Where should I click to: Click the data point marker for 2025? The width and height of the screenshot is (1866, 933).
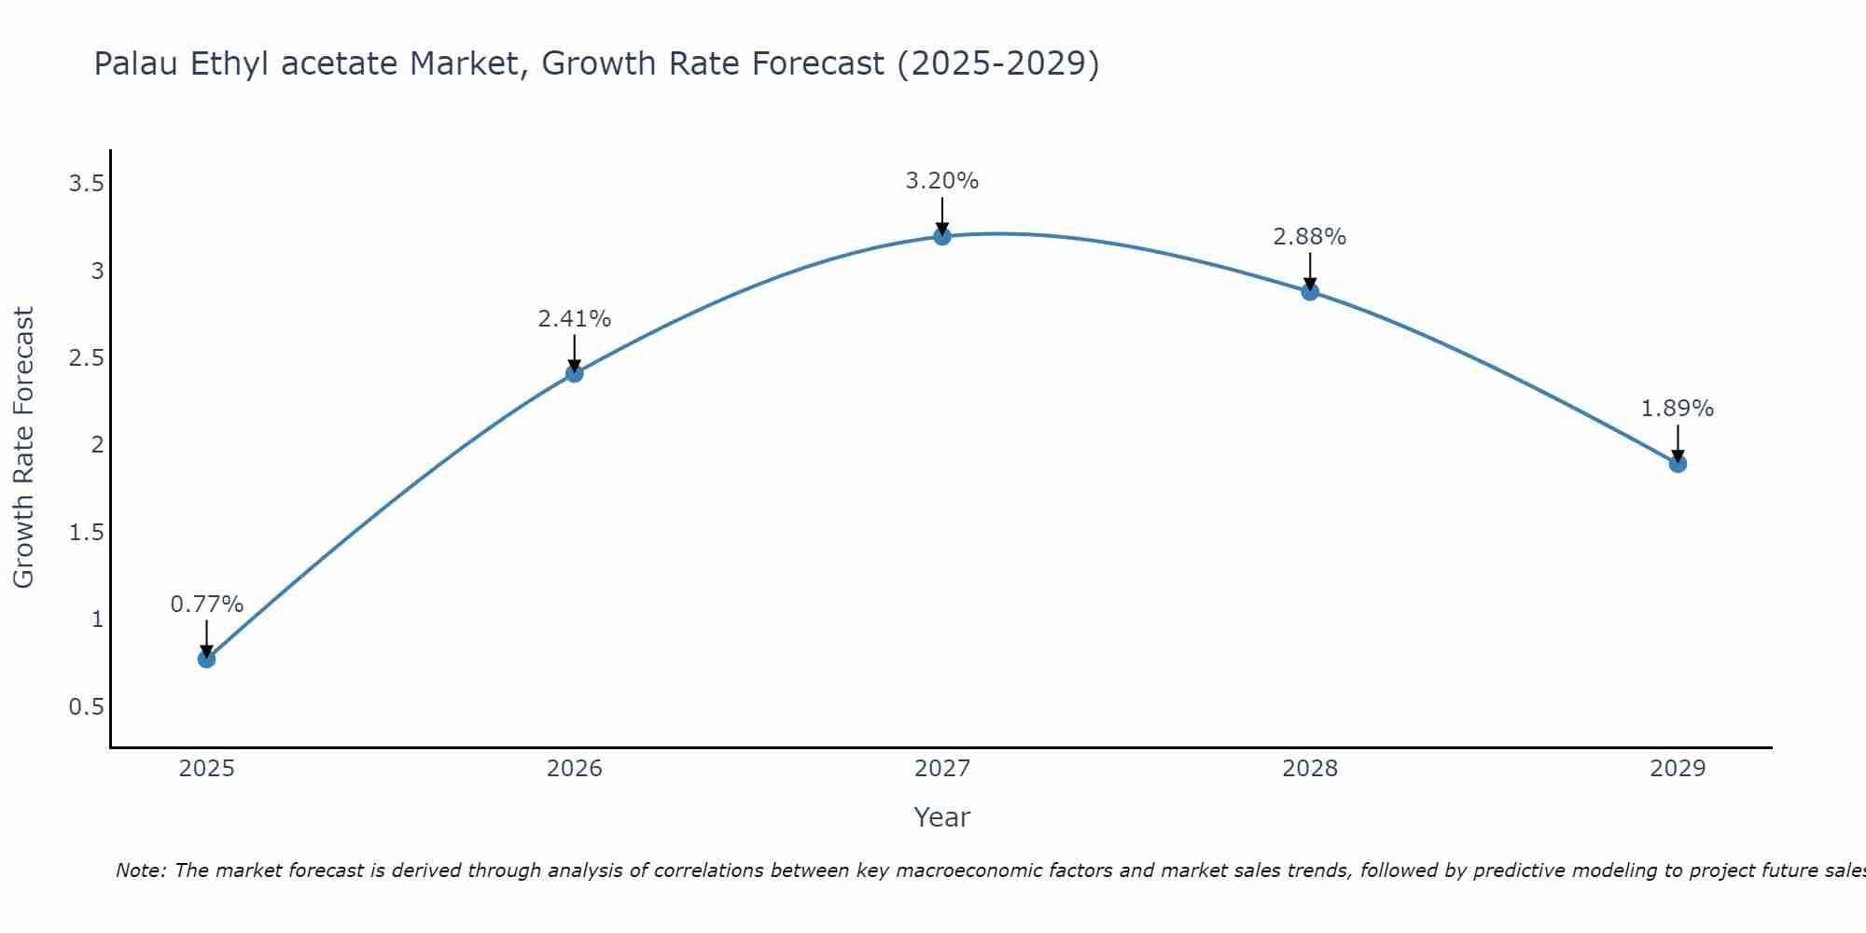click(x=206, y=659)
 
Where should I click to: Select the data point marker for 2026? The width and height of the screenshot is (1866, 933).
click(x=575, y=373)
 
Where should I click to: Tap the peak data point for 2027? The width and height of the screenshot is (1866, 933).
click(x=942, y=236)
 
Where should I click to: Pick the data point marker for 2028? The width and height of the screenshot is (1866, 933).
click(x=1310, y=291)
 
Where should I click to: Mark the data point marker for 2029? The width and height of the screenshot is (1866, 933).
click(x=1678, y=464)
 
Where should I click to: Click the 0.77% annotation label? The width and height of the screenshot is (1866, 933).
click(x=206, y=605)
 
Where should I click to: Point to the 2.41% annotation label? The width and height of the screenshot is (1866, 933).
click(x=575, y=319)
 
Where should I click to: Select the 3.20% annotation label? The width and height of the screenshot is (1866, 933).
click(x=942, y=181)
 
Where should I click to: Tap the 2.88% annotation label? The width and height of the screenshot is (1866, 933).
click(x=1310, y=237)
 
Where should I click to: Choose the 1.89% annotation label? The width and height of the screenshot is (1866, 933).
click(x=1678, y=409)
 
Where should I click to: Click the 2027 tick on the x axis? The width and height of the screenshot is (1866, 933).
click(x=942, y=769)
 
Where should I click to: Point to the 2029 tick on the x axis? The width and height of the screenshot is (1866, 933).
click(x=1678, y=769)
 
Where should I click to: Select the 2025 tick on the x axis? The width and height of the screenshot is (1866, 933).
click(x=206, y=769)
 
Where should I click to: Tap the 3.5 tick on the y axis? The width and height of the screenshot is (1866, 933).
click(x=86, y=184)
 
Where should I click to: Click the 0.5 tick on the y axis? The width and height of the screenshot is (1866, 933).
click(x=86, y=707)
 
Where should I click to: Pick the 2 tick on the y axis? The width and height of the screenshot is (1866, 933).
click(x=97, y=445)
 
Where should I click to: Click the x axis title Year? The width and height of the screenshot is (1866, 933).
click(x=942, y=817)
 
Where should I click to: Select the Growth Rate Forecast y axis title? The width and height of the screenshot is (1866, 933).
click(x=23, y=448)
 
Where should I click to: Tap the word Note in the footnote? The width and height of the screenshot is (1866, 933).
click(x=140, y=870)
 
